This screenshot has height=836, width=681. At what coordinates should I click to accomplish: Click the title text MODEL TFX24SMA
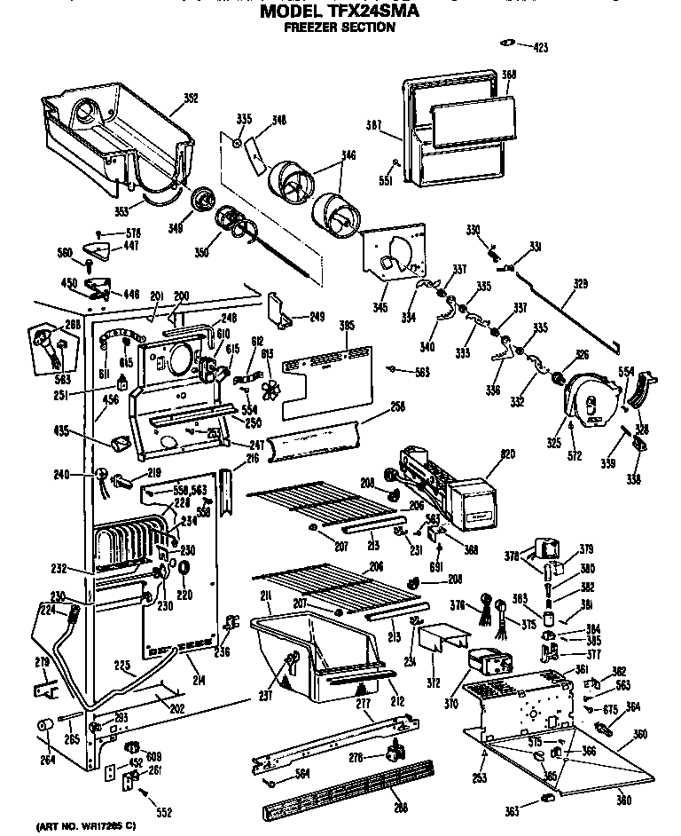point(339,12)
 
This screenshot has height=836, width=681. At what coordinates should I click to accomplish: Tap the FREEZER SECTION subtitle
point(339,28)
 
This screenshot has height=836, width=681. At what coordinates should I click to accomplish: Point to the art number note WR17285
point(85,826)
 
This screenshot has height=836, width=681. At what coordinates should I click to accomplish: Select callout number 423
point(540,46)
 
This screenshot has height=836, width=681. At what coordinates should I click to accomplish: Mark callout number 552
point(163,812)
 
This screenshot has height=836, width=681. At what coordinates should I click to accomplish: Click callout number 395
point(347,326)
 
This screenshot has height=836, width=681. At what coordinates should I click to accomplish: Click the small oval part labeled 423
point(507,41)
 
